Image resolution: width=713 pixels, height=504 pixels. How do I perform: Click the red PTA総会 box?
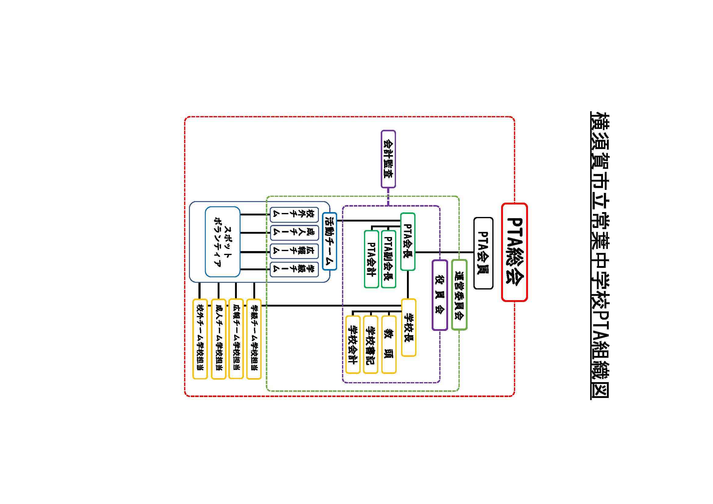(x=514, y=252)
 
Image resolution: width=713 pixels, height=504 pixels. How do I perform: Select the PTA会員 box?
(x=483, y=253)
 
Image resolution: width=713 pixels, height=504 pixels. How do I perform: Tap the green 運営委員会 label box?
(x=459, y=295)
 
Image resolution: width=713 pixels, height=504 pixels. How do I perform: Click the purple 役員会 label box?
(x=440, y=295)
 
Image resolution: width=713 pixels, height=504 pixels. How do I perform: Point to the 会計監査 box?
(x=388, y=159)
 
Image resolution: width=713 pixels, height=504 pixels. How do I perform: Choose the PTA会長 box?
(x=408, y=241)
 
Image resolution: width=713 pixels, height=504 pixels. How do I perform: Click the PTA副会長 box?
(x=388, y=259)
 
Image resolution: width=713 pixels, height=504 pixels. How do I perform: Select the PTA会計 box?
(x=371, y=259)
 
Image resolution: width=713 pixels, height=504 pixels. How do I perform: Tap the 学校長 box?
(x=408, y=327)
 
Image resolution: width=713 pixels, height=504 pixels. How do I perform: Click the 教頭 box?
(x=388, y=345)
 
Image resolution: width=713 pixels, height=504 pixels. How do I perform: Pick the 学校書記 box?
(x=370, y=345)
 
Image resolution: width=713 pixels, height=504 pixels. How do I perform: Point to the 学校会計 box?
(x=352, y=345)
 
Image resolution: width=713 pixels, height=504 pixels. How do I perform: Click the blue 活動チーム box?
(x=329, y=241)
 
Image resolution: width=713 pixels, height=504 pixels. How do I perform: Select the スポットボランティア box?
(x=222, y=242)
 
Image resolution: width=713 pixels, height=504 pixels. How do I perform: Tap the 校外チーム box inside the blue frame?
(x=294, y=215)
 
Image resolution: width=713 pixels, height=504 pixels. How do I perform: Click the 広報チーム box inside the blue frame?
(x=294, y=251)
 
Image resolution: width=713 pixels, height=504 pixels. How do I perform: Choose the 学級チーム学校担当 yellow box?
(x=254, y=339)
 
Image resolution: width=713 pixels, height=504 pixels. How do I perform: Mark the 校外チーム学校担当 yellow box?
(x=200, y=339)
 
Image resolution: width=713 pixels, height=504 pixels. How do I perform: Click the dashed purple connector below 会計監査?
(x=388, y=197)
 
